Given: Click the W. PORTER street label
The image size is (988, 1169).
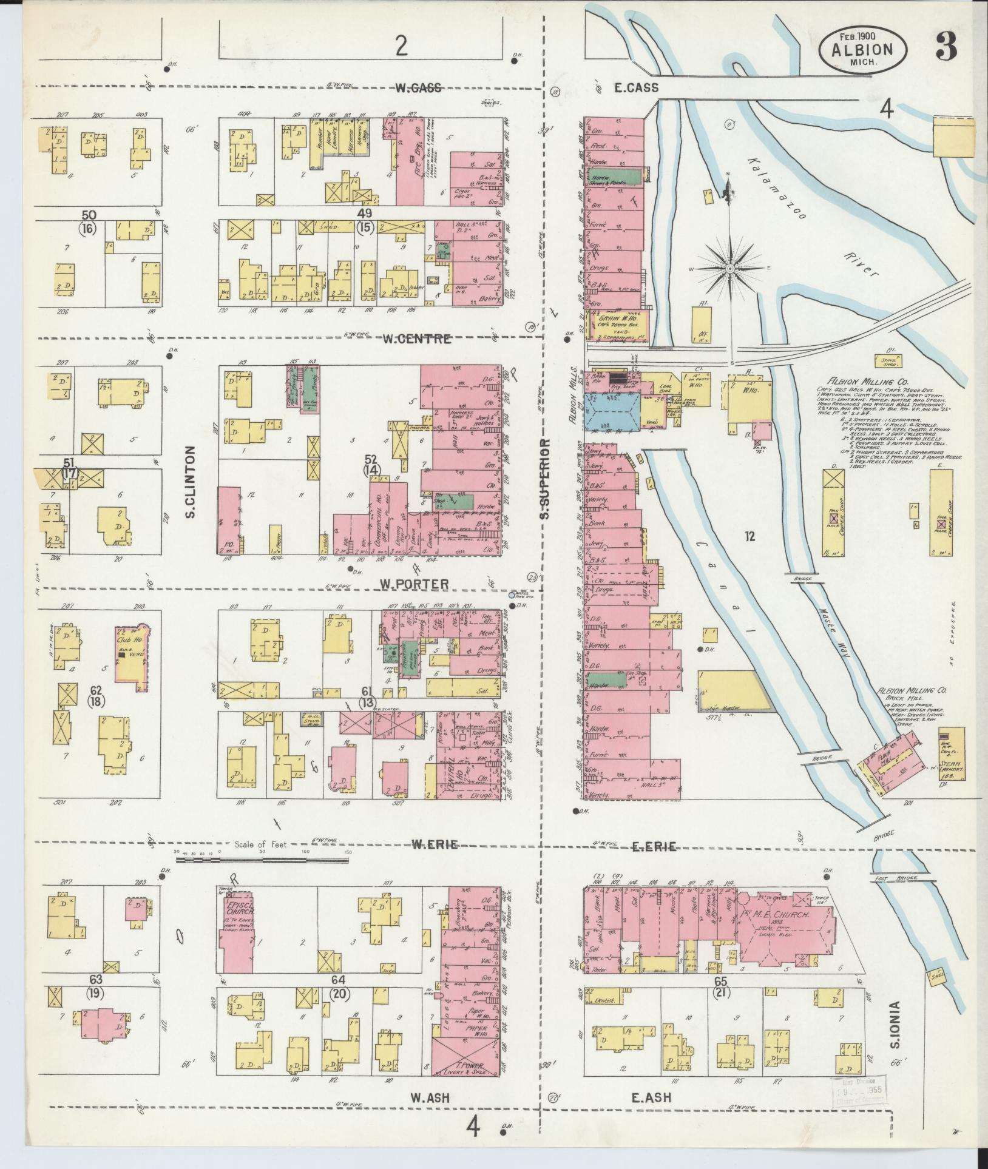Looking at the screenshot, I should coord(414,584).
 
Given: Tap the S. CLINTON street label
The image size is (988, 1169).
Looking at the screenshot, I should coord(190,483).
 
